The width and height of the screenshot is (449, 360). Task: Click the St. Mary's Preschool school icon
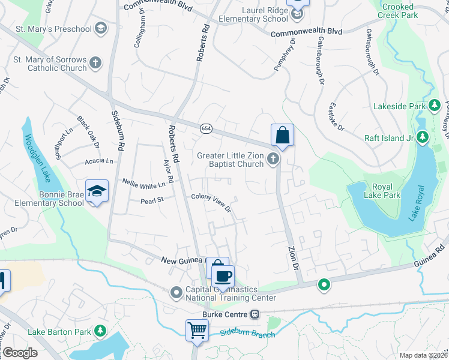(x=100, y=29)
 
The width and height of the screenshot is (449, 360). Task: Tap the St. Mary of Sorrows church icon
(x=95, y=62)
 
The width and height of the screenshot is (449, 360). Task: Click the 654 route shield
(x=205, y=128)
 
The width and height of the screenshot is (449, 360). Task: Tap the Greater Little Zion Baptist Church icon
(x=273, y=159)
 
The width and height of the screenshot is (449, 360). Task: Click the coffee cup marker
(x=223, y=277)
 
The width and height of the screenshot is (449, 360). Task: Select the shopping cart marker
(x=197, y=329)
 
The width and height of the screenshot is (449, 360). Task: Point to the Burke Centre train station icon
(x=255, y=314)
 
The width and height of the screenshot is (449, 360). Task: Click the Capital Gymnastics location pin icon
(x=176, y=292)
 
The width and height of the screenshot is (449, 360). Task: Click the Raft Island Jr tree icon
(x=423, y=137)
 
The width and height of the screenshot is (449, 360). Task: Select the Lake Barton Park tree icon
(x=100, y=331)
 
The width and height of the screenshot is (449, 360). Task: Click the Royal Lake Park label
(x=382, y=190)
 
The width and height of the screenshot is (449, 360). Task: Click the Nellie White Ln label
(x=143, y=185)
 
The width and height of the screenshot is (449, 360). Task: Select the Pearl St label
(x=152, y=200)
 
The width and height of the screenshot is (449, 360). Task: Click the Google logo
(x=19, y=353)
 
